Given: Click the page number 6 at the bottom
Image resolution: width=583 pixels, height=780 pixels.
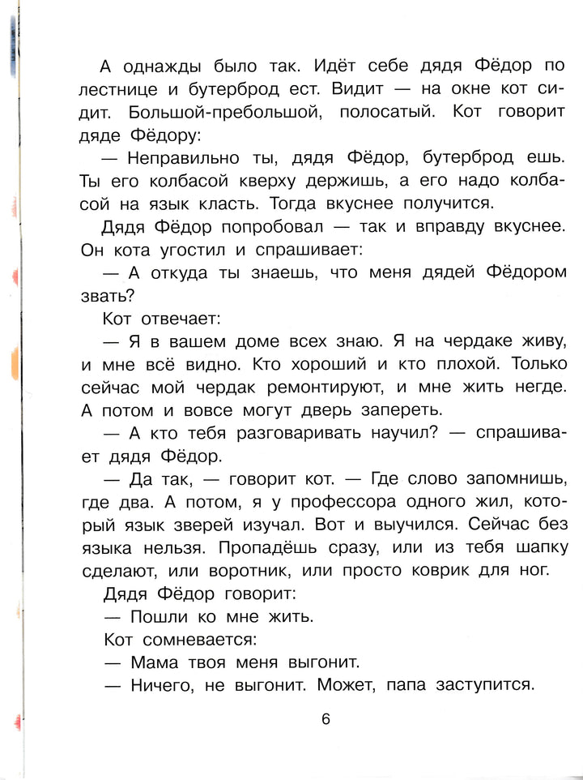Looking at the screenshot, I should [326, 720].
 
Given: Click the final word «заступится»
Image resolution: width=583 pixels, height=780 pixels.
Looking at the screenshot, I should [485, 685].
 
